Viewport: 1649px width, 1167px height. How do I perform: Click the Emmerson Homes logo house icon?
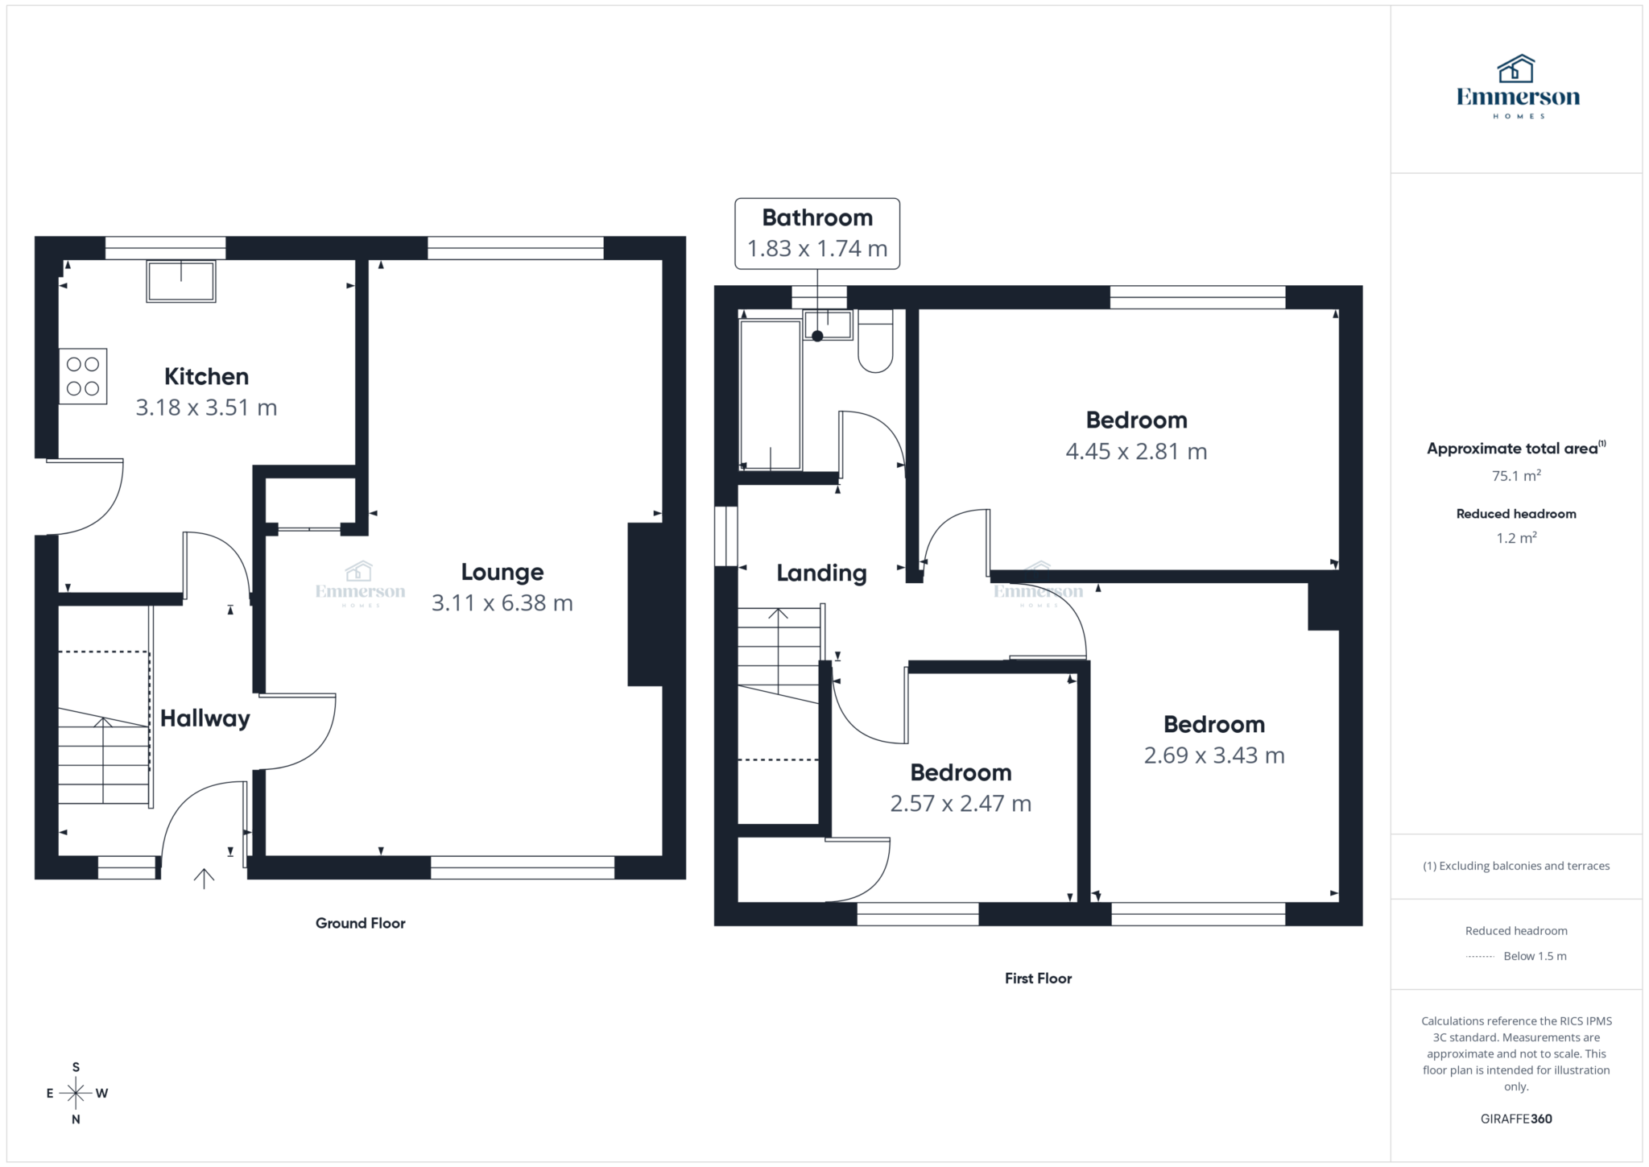(1516, 69)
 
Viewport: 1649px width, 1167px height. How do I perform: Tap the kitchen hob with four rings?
(83, 376)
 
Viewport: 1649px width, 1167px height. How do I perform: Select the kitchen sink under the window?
(181, 281)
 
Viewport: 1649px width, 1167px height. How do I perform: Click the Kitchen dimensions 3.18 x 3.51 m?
(206, 408)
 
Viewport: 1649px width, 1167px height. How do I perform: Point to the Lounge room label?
(502, 572)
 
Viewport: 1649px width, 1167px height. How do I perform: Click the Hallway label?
(205, 718)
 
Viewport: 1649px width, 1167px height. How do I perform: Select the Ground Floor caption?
(360, 923)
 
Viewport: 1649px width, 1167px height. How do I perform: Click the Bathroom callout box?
(816, 233)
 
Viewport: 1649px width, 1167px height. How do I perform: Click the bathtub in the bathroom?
(770, 394)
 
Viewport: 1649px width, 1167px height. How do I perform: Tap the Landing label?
(821, 573)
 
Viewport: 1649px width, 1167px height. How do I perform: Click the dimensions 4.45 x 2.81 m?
(1136, 452)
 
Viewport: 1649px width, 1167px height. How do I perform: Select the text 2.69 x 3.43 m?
(1213, 755)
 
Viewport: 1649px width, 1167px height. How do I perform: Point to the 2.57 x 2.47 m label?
(960, 804)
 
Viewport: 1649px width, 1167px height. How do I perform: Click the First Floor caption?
(1038, 979)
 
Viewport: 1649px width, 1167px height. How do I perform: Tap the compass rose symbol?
(76, 1093)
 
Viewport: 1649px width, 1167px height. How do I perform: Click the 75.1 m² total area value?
(1515, 476)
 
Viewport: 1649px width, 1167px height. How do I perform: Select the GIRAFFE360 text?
(1515, 1119)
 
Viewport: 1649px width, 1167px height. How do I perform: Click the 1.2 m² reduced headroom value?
(1515, 538)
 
